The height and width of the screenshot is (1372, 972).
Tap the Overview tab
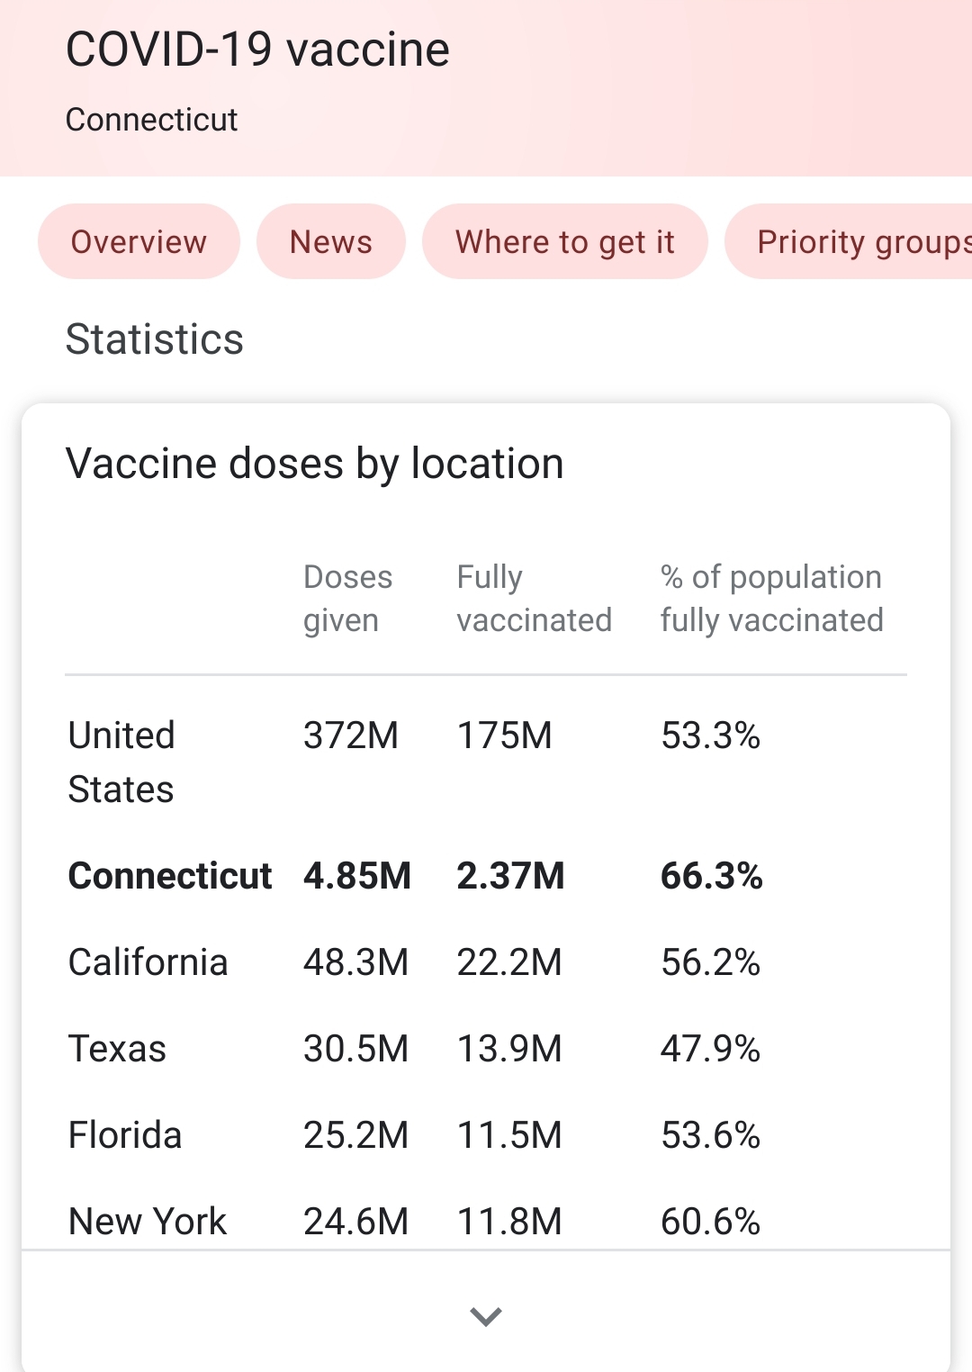coord(139,241)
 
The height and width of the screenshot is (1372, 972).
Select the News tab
coord(330,241)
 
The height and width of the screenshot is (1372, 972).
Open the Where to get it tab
coord(564,241)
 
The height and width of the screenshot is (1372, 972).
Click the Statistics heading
coord(155,339)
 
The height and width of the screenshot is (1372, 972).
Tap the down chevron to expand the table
coord(486,1316)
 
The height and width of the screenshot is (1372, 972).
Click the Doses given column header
coord(347,598)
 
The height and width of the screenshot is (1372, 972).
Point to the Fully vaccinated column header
coord(534,598)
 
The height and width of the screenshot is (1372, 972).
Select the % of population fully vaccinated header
coord(771,598)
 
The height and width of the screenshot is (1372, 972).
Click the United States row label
coord(121,762)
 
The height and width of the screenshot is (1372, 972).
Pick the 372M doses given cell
coord(350,736)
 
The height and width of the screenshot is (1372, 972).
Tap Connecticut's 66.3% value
coord(711,875)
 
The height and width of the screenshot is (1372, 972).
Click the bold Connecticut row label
coord(170,875)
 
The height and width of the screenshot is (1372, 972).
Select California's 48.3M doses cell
coord(355,961)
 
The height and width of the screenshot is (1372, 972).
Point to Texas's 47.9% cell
coord(710,1048)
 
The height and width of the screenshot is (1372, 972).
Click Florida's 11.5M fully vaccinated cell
coord(509,1134)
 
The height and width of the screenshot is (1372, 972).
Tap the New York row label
coord(148,1221)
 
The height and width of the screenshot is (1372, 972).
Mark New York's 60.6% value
coord(710,1221)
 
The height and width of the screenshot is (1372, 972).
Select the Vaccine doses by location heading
coord(315,464)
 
